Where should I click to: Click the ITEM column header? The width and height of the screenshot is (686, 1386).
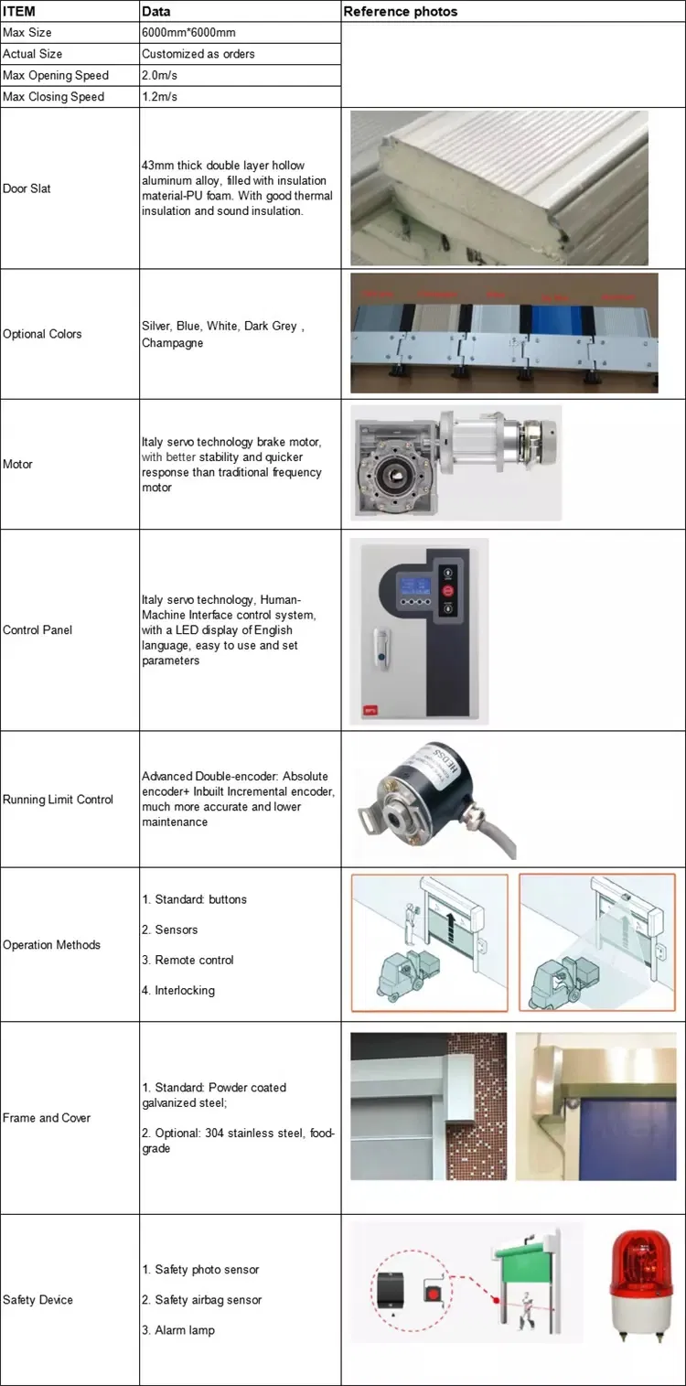click(19, 12)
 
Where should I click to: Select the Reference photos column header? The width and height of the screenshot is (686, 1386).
click(400, 12)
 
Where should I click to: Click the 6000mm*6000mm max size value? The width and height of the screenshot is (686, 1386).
click(186, 33)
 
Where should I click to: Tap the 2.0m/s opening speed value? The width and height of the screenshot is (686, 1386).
click(160, 75)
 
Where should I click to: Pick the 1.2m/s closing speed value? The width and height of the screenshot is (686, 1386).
click(160, 96)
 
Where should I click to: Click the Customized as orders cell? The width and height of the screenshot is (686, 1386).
click(198, 54)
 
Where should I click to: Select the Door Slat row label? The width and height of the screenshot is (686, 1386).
click(27, 188)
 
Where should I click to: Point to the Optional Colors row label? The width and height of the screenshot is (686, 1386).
click(42, 334)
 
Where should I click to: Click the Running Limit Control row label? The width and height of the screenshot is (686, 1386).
click(58, 800)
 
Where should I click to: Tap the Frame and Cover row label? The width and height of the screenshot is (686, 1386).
click(47, 1118)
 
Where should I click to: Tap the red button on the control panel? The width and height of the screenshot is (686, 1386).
click(448, 592)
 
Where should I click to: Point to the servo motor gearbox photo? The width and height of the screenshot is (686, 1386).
click(455, 464)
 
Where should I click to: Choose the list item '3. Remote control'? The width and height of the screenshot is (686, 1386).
click(188, 960)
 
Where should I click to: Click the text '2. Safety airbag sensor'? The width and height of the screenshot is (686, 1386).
click(201, 1300)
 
